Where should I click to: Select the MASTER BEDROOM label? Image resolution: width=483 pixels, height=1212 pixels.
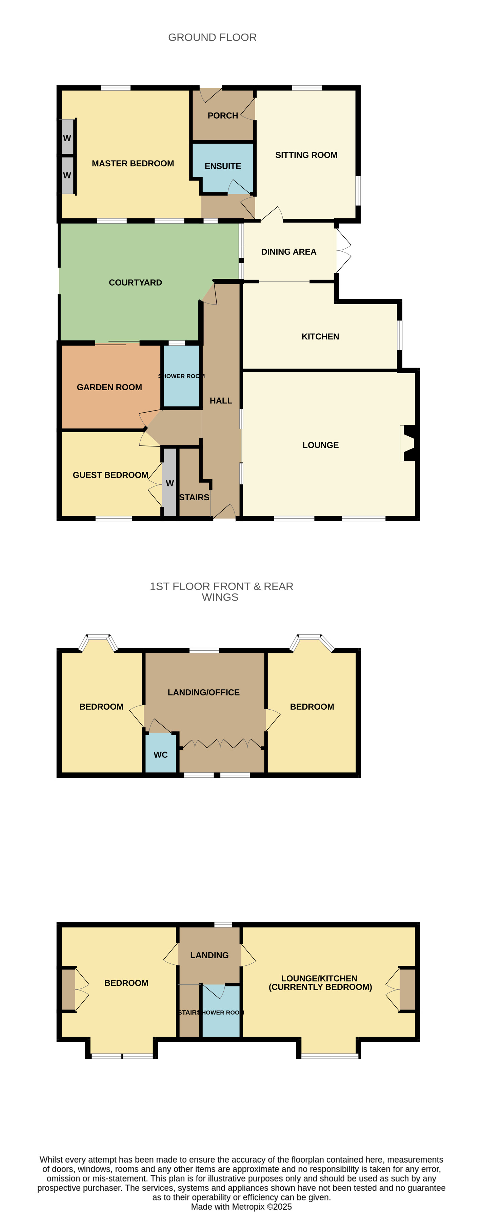click(x=133, y=164)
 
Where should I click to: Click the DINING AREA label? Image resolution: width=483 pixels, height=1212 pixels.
click(x=288, y=252)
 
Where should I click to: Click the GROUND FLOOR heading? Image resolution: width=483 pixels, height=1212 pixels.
click(x=212, y=38)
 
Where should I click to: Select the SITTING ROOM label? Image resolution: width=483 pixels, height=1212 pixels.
click(x=306, y=155)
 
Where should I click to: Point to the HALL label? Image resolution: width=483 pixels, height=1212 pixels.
click(x=221, y=401)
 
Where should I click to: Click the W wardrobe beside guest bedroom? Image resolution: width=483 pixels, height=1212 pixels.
click(x=169, y=483)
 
